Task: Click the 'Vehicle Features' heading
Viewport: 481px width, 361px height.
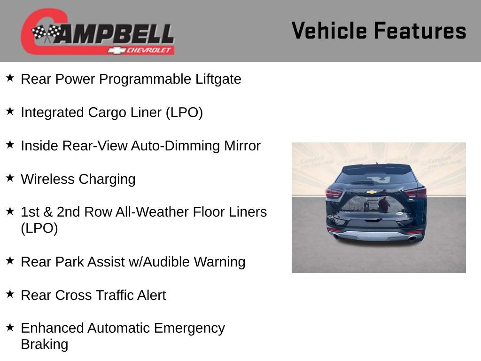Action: tap(379, 31)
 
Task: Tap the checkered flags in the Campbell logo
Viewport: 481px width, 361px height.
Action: tap(47, 33)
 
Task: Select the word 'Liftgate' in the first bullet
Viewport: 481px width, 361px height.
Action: tap(218, 79)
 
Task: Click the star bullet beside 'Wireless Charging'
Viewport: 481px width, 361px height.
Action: tap(10, 178)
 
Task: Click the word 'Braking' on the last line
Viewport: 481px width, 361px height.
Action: tap(44, 344)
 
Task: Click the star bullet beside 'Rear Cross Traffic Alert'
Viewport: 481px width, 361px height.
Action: tap(10, 294)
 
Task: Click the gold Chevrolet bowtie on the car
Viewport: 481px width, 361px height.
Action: tap(372, 192)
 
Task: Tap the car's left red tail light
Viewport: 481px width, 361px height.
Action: tap(334, 193)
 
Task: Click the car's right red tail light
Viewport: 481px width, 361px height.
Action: tap(416, 192)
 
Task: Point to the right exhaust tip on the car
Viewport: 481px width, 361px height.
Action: tap(412, 238)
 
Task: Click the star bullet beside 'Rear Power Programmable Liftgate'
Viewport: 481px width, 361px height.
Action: tap(10, 78)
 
